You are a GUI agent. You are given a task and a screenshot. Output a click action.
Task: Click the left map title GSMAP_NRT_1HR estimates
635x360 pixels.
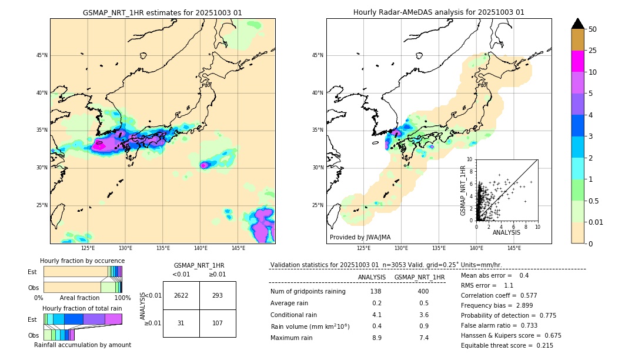click(162, 12)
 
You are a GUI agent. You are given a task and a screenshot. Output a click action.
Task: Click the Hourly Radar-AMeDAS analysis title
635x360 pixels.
click(439, 12)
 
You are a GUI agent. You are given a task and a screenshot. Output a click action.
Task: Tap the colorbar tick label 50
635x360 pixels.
click(593, 29)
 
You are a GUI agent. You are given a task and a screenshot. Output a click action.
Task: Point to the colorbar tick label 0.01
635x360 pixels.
click(596, 222)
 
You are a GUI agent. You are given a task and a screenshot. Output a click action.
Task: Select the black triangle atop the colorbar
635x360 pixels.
click(578, 24)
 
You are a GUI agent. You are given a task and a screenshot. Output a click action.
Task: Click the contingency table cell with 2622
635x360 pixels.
click(181, 295)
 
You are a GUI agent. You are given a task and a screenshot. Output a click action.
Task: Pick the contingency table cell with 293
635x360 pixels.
click(218, 295)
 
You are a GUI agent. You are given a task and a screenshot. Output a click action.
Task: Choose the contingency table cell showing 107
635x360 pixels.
click(218, 323)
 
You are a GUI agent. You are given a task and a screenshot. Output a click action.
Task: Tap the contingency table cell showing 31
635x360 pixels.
click(181, 323)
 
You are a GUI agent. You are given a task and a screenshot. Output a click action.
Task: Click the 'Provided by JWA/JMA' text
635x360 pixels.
click(360, 237)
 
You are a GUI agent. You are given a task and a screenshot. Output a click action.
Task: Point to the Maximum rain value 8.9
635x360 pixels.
click(376, 338)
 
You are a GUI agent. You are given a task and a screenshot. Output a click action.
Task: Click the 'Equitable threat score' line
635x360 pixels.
click(507, 345)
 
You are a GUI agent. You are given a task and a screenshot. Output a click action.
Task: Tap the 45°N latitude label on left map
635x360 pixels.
click(41, 55)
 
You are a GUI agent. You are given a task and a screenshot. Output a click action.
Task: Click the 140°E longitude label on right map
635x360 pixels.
click(476, 248)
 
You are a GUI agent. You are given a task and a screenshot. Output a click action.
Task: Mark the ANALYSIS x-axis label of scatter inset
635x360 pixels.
click(506, 232)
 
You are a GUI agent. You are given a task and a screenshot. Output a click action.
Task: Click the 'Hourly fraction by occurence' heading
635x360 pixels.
click(82, 261)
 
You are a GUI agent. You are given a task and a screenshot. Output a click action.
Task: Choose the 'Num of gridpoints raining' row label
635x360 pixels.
click(308, 291)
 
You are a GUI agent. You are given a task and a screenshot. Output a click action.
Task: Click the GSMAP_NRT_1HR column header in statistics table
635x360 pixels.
click(419, 277)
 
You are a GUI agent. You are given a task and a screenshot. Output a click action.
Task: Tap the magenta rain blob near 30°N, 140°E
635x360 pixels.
click(203, 165)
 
